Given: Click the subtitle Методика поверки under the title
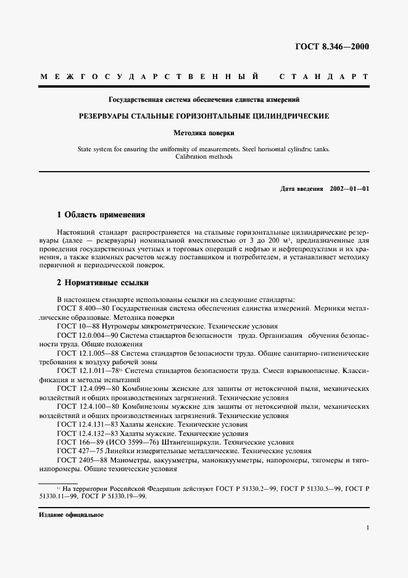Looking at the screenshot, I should (x=204, y=132).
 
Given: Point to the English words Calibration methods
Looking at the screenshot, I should (x=204, y=157).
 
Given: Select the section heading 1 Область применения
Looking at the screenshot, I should (x=101, y=215).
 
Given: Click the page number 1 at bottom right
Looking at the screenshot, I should (x=367, y=528).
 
